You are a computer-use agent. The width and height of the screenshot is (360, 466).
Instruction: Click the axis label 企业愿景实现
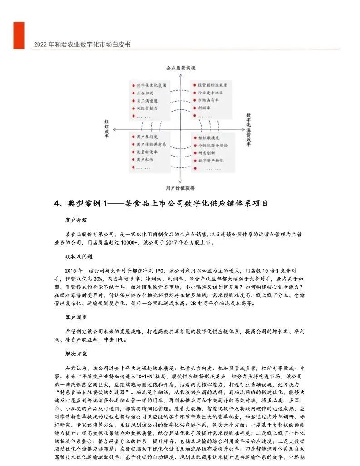click(x=180, y=68)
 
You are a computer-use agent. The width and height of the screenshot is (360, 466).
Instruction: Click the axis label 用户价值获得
click(x=180, y=187)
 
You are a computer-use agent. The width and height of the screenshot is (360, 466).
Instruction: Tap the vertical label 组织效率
click(x=107, y=129)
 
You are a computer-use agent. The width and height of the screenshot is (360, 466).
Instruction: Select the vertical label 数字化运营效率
click(x=249, y=128)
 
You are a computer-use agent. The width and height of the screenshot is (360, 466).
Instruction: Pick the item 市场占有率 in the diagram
click(x=208, y=101)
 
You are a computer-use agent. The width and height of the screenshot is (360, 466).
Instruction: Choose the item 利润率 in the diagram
click(x=203, y=109)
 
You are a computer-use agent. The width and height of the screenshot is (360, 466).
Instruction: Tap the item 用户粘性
click(x=145, y=160)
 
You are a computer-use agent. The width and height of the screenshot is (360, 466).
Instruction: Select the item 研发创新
click(x=207, y=153)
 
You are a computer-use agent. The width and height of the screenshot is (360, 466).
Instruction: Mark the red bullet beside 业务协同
click(x=133, y=93)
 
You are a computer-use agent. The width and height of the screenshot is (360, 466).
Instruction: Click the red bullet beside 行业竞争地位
click(x=193, y=93)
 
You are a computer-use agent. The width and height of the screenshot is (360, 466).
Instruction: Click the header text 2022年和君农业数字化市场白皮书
click(x=82, y=45)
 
